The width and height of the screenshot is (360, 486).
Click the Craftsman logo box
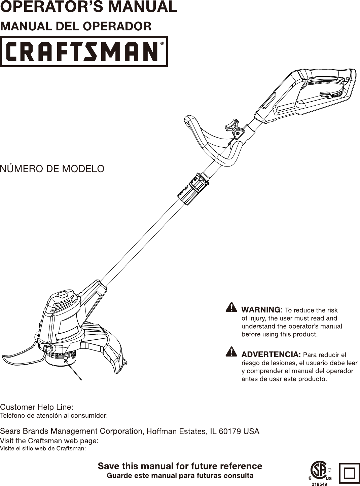tap(83, 51)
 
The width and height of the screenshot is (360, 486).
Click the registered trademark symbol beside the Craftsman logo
tap(162, 43)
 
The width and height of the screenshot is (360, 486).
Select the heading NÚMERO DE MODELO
tap(52, 169)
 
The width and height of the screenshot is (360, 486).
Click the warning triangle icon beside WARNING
tap(231, 307)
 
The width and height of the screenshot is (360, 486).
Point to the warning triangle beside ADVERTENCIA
tap(231, 351)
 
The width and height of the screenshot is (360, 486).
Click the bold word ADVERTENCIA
tap(271, 354)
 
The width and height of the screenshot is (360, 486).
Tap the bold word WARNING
tap(261, 310)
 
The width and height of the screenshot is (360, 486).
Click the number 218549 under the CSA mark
tap(319, 484)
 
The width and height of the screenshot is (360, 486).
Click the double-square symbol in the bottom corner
tap(350, 473)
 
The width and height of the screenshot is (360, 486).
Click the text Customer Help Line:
tap(37, 407)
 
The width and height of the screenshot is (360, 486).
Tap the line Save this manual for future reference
tap(180, 466)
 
